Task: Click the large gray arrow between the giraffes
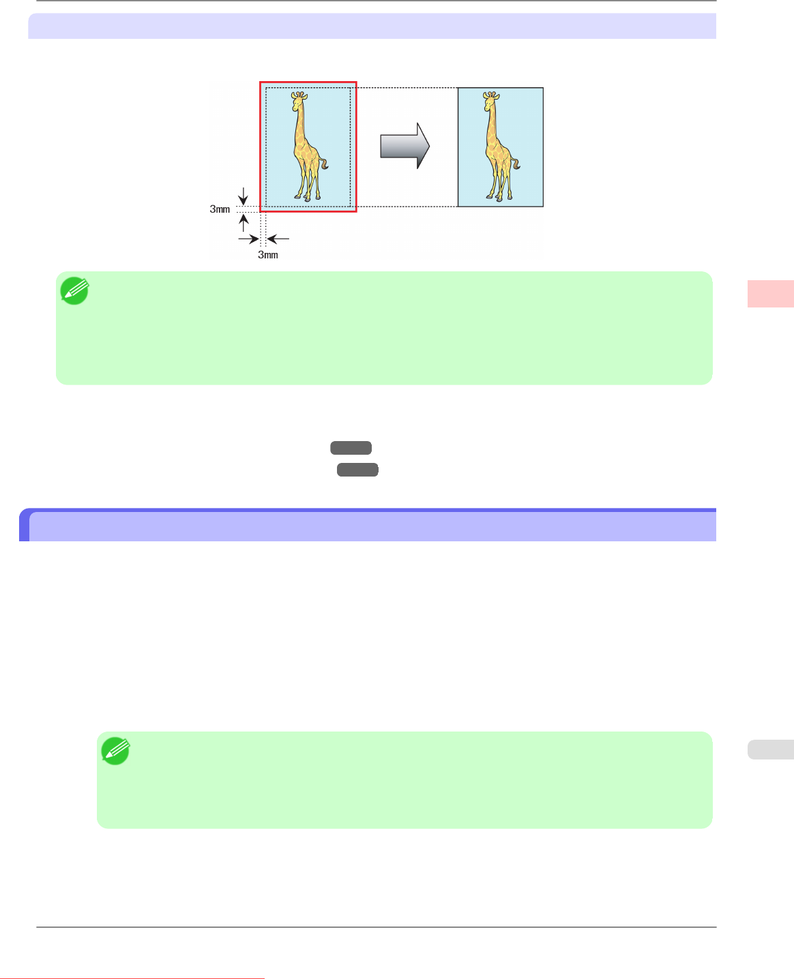405,146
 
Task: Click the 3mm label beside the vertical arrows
220,209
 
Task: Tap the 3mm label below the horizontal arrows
267,255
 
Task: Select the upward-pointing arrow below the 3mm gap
244,222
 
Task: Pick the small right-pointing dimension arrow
250,239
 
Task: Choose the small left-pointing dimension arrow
278,239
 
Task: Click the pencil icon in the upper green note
74,291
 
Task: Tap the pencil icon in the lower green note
115,751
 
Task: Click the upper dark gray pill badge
351,448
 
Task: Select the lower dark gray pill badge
357,469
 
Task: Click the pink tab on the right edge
770,294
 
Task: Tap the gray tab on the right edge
770,749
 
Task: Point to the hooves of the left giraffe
308,198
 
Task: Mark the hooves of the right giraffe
499,198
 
